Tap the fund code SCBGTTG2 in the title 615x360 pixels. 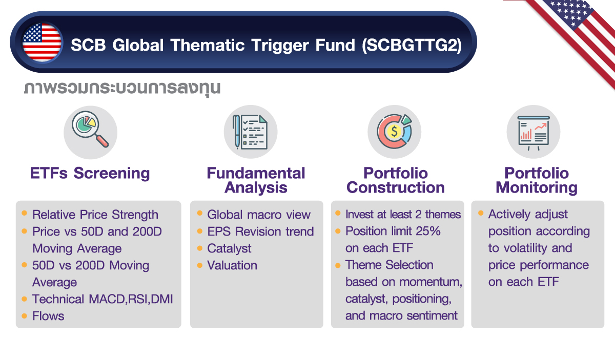411,45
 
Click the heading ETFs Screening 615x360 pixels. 90,173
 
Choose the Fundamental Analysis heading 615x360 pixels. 256,180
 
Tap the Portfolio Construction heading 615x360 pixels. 395,180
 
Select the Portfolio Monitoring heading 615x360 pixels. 537,180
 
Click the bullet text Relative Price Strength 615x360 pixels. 95,215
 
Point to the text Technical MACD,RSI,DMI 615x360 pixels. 102,299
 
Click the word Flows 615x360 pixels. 48,316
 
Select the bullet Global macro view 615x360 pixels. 259,215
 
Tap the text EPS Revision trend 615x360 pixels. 260,231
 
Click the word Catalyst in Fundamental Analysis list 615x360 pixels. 229,248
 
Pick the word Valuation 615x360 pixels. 232,265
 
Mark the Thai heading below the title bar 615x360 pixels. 122,88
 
